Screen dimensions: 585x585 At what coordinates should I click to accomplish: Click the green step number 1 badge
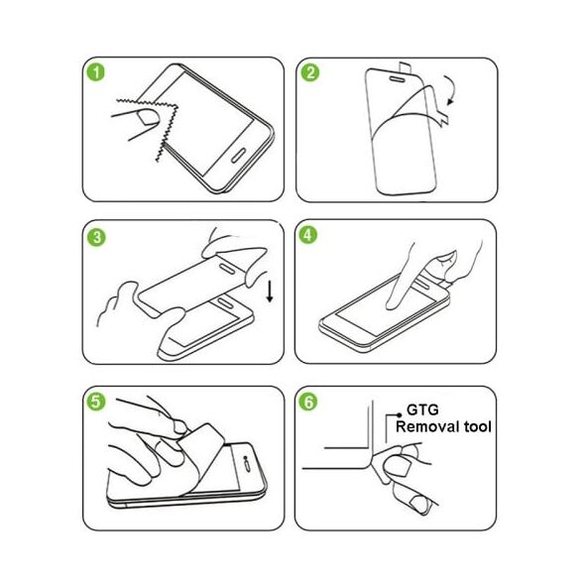96,72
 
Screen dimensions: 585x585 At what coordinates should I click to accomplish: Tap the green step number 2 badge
310,72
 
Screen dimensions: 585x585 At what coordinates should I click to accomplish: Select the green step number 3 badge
96,237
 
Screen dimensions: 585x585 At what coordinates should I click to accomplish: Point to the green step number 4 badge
307,235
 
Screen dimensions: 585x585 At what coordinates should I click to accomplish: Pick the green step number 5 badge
96,402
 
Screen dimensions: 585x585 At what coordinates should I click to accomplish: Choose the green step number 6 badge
307,402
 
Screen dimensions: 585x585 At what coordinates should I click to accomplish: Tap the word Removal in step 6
427,426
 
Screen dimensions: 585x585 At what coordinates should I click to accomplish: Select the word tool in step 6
478,426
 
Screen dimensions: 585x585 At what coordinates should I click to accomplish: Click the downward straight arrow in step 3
270,292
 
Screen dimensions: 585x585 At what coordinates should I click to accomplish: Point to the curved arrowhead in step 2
450,101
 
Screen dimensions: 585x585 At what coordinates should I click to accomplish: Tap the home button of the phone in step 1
239,156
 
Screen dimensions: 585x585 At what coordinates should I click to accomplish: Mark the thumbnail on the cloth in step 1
148,117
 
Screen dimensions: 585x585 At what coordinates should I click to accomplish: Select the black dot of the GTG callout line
400,414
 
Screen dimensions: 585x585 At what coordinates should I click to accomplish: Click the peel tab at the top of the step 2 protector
405,68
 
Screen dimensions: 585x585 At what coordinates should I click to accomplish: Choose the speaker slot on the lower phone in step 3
226,303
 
